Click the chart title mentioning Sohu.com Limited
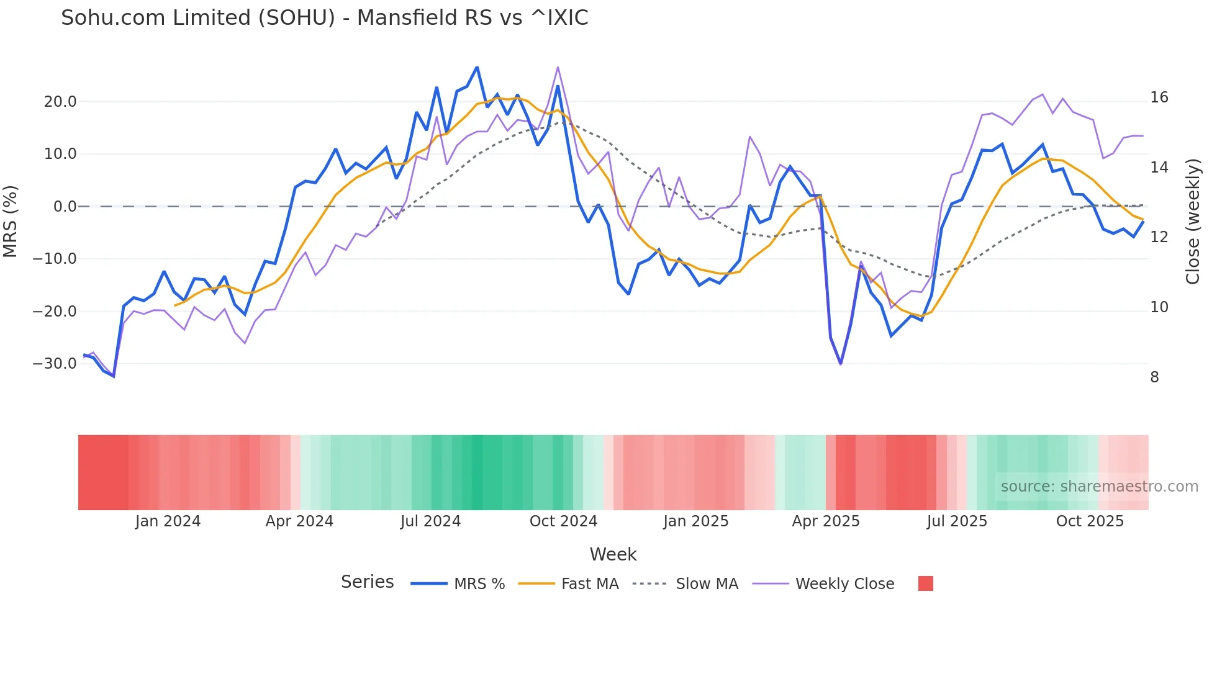[324, 18]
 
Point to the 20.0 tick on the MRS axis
[60, 102]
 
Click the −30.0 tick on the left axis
[55, 364]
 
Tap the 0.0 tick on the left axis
[65, 207]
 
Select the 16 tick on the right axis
[1159, 97]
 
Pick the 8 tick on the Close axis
[1154, 377]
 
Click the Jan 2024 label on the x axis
[168, 521]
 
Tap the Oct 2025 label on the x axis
[1090, 521]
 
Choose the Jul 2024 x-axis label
[430, 521]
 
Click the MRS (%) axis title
[11, 222]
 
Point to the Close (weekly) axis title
[1193, 222]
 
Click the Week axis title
[613, 554]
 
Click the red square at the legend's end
[925, 583]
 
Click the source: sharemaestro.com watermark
[1099, 487]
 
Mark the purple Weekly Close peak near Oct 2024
[558, 67]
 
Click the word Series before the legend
[367, 582]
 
